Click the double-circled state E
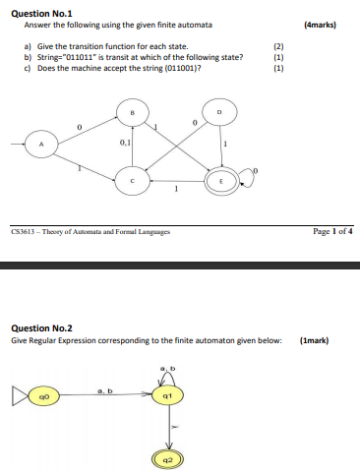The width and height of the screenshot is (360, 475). pos(220,181)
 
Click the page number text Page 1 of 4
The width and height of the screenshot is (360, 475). pos(332,233)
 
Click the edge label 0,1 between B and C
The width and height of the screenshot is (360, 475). pos(125,144)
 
